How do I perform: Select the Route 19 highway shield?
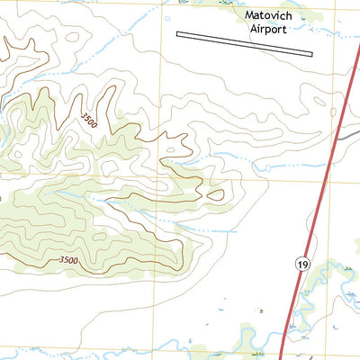click(302, 262)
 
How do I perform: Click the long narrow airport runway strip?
click(244, 44)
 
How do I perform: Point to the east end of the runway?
click(310, 54)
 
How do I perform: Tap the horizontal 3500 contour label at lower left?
click(69, 260)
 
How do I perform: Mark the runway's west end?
click(179, 35)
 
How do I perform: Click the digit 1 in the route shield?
click(300, 262)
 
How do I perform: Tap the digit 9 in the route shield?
click(305, 262)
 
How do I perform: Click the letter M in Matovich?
click(249, 15)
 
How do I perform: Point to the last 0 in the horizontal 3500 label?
click(77, 260)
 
